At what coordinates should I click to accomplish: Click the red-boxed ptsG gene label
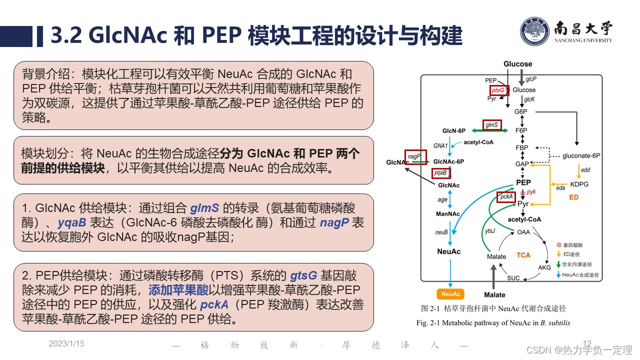click(x=499, y=90)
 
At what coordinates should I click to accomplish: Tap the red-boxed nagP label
click(x=415, y=156)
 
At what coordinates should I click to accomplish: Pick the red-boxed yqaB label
click(x=440, y=173)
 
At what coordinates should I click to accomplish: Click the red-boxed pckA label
click(x=505, y=197)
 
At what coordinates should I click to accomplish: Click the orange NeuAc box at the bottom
click(x=450, y=294)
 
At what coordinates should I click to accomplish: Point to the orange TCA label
click(x=523, y=255)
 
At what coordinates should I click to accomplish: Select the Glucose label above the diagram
click(x=517, y=64)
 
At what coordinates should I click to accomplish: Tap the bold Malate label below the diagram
click(x=494, y=294)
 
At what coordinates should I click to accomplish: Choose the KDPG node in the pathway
click(x=579, y=184)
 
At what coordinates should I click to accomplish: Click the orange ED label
click(x=573, y=197)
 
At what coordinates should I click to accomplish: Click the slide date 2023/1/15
click(x=66, y=343)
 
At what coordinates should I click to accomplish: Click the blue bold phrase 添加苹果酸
click(x=178, y=290)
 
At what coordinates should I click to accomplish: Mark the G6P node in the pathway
click(x=521, y=111)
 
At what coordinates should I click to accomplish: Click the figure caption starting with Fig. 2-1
click(x=493, y=322)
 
